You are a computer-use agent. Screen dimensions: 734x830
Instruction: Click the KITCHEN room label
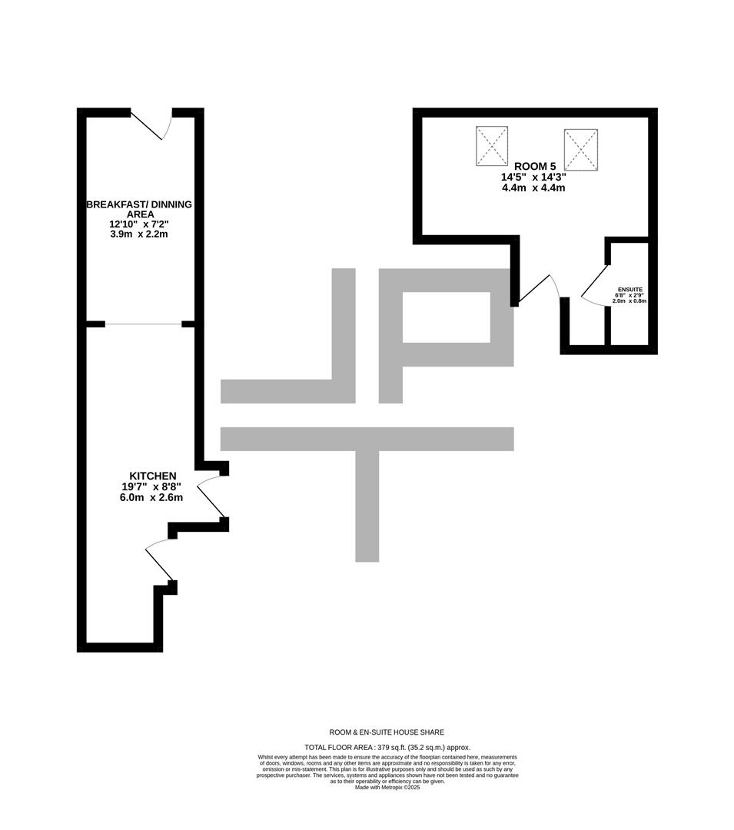[x=152, y=476]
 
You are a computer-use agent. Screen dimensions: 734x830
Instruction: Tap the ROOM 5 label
[x=534, y=166]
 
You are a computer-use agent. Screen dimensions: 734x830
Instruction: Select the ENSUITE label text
[x=629, y=290]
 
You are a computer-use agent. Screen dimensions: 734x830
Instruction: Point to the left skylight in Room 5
[x=492, y=145]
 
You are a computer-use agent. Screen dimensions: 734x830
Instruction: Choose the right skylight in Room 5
[x=580, y=149]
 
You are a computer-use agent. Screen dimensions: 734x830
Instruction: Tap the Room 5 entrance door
[x=537, y=290]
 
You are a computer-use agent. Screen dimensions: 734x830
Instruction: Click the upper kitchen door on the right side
[x=211, y=496]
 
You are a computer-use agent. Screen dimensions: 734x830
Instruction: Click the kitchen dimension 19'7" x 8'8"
[x=151, y=486]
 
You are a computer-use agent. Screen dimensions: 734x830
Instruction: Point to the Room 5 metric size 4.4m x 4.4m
[x=533, y=188]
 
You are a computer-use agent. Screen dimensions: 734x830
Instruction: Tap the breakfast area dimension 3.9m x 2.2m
[x=138, y=234]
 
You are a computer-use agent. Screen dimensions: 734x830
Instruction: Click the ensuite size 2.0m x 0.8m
[x=629, y=300]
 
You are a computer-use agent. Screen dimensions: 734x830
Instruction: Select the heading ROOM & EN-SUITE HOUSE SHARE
[x=387, y=732]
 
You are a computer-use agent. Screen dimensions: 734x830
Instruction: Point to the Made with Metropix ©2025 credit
[x=387, y=787]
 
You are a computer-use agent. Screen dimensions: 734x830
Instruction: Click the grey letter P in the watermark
[x=446, y=336]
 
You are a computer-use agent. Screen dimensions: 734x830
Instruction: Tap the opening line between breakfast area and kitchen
[x=144, y=324]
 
